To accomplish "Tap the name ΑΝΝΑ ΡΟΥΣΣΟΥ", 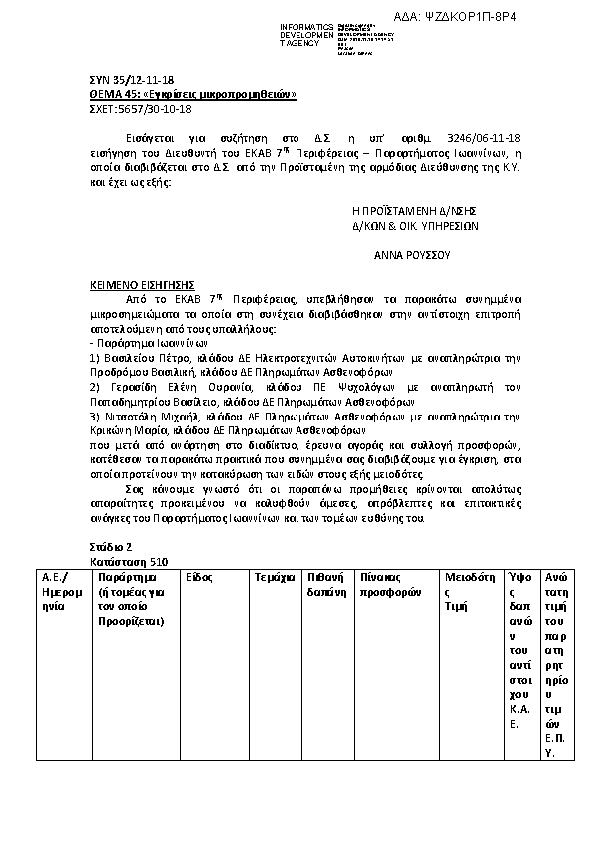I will click(x=412, y=255).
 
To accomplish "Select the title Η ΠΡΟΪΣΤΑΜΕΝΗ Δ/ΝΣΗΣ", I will click(x=414, y=211).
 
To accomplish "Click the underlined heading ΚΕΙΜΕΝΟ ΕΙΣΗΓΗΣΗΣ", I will click(x=142, y=285).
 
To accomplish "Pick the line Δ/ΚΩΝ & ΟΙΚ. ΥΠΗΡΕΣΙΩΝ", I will click(x=415, y=226).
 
